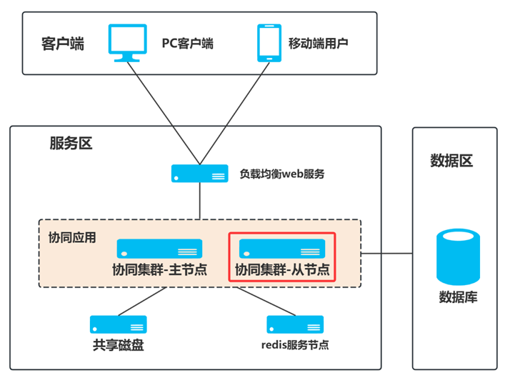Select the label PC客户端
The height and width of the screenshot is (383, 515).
pyautogui.click(x=187, y=44)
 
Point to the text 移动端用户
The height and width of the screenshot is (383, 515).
pyautogui.click(x=318, y=44)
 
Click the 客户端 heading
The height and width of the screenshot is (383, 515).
pyautogui.click(x=63, y=44)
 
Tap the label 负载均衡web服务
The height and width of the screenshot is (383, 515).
pyautogui.click(x=281, y=174)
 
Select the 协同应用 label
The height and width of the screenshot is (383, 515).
pyautogui.click(x=71, y=237)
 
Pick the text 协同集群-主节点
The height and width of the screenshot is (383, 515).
pyautogui.click(x=160, y=270)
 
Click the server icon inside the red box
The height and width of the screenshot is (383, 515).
pyautogui.click(x=282, y=249)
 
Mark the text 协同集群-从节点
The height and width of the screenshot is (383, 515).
pyautogui.click(x=282, y=270)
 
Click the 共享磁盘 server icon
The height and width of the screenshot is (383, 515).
pyautogui.click(x=119, y=324)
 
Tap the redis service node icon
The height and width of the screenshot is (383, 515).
pyautogui.click(x=295, y=324)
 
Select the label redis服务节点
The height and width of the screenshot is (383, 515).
pyautogui.click(x=295, y=345)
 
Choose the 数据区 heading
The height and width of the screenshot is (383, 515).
pyautogui.click(x=451, y=160)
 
